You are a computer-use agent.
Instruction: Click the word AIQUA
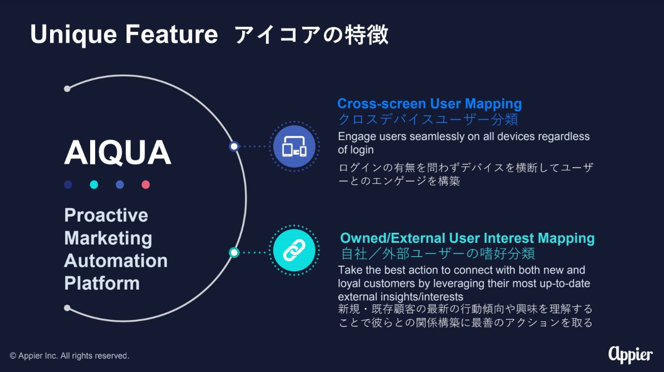(118, 153)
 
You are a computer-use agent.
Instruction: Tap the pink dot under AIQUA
(146, 185)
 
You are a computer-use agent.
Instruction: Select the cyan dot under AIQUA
(94, 185)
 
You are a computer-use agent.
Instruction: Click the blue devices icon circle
(294, 146)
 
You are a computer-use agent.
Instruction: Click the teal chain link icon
(294, 251)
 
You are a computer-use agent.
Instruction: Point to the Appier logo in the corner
(630, 355)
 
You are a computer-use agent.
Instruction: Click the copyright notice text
(70, 356)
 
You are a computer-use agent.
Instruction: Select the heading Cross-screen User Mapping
(429, 104)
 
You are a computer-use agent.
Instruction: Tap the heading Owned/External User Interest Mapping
(467, 238)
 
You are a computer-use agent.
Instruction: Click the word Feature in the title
(171, 34)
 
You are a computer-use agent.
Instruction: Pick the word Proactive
(106, 215)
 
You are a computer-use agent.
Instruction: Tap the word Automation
(116, 261)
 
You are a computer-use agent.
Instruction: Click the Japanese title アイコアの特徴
(311, 35)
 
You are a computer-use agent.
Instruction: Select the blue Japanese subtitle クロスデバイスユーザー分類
(427, 120)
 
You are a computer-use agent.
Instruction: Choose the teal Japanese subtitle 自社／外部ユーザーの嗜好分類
(438, 253)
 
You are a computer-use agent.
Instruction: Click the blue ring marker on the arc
(234, 146)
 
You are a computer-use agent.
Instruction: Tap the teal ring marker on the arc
(234, 252)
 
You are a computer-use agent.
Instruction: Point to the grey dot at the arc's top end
(67, 89)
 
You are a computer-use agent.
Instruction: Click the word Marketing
(109, 238)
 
